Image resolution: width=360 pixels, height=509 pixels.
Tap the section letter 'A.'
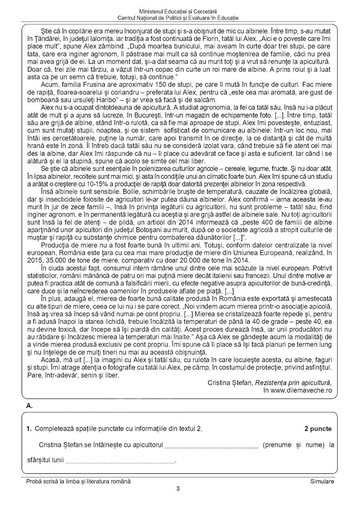coord(29,406)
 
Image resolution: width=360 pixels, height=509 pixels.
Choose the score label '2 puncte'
coord(318,428)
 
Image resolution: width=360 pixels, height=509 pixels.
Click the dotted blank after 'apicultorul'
coord(211,445)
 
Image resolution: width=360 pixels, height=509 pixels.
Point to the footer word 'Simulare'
coord(322,481)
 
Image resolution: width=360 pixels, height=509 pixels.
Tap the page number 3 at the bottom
coord(178,489)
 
